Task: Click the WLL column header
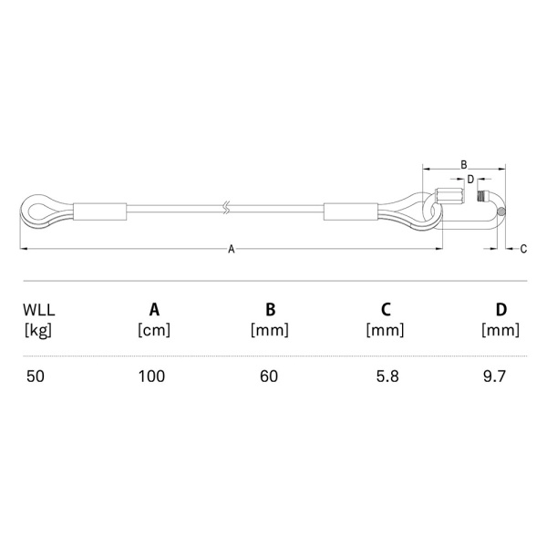[x=38, y=310]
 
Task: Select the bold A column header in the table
[x=154, y=309]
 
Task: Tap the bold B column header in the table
[x=271, y=309]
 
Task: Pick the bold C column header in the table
[x=386, y=309]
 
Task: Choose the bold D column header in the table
[x=501, y=309]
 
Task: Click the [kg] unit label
[x=38, y=330]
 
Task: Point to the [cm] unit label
[x=154, y=330]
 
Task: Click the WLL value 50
[x=36, y=377]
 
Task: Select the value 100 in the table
[x=151, y=377]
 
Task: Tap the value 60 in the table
[x=269, y=377]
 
